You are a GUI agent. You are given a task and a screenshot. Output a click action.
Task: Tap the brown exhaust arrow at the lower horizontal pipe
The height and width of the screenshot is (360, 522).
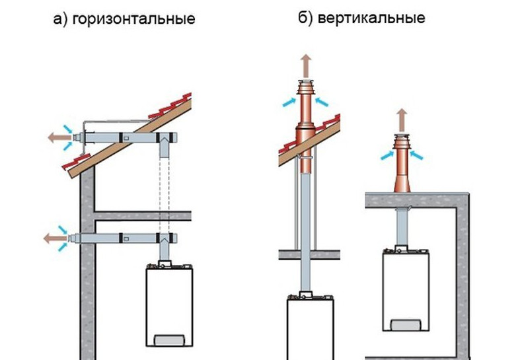coord(50,237)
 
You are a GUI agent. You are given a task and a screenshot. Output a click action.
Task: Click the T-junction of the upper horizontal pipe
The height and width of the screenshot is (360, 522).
coord(163,141)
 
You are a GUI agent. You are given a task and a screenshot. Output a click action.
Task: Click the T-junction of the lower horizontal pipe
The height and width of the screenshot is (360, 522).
coord(163,238)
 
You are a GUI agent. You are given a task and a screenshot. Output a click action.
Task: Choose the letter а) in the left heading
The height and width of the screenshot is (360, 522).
coord(60,19)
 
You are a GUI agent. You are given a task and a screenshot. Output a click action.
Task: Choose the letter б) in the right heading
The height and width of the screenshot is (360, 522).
coord(305,18)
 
